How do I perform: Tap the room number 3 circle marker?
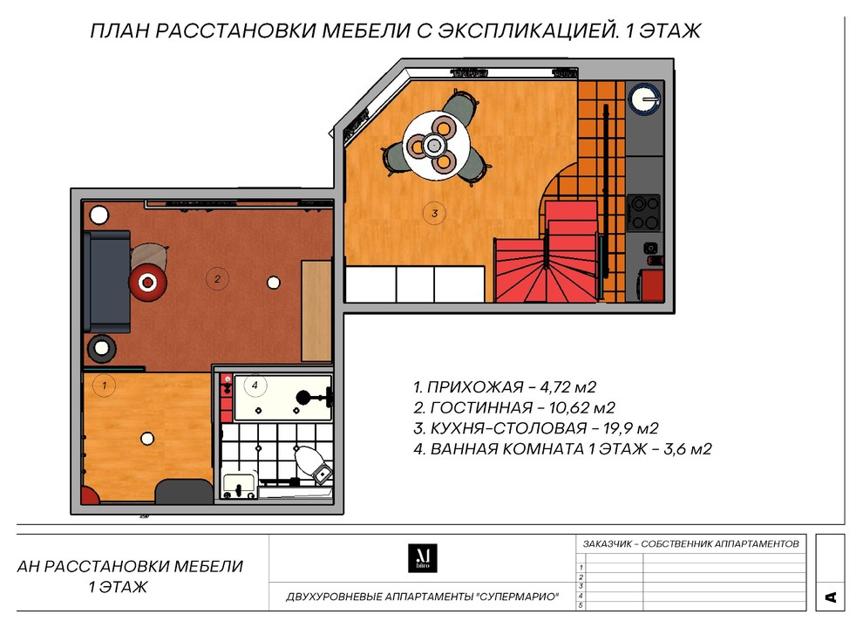click(433, 211)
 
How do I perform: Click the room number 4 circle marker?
click(255, 384)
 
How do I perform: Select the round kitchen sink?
click(646, 99)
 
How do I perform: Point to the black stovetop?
click(646, 212)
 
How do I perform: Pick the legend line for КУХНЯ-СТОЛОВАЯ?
click(534, 428)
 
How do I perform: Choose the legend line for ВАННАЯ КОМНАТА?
click(563, 449)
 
